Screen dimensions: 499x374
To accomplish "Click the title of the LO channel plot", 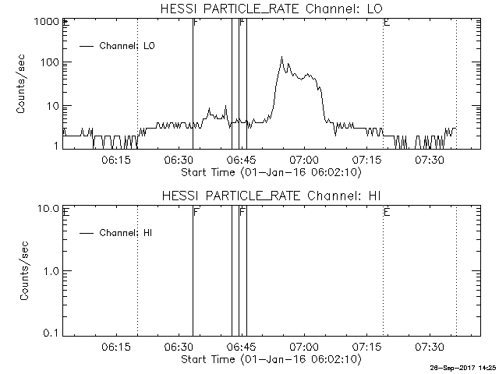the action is (x=271, y=9).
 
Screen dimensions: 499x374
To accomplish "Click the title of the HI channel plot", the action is (x=271, y=196).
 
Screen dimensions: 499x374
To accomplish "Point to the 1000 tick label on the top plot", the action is (x=47, y=22).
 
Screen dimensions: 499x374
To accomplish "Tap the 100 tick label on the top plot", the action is (x=50, y=62).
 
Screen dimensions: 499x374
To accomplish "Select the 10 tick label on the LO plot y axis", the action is (x=53, y=106).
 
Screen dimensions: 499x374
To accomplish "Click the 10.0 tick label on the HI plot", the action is (x=48, y=209).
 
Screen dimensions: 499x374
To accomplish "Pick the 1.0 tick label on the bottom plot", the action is (x=51, y=271).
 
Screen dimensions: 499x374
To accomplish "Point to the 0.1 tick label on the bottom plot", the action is (x=51, y=333).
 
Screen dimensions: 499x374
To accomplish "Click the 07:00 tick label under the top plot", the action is (x=304, y=160).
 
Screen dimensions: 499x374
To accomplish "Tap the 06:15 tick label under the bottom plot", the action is (x=116, y=347).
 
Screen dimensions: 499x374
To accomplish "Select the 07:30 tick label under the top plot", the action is (x=430, y=160).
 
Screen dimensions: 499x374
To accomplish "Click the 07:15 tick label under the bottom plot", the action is (x=366, y=347).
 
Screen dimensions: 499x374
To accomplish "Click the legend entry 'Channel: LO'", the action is (x=117, y=46).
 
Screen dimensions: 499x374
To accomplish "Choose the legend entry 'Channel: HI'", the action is (x=115, y=233).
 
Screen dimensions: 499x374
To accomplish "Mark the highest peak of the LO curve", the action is (x=281, y=57).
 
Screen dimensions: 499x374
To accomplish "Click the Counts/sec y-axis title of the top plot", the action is (x=21, y=84).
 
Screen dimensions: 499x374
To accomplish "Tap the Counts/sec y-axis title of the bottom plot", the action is (x=24, y=270).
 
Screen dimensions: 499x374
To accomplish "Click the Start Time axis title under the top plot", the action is (x=271, y=173).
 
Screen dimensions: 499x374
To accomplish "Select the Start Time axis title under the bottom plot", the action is (x=271, y=359).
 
